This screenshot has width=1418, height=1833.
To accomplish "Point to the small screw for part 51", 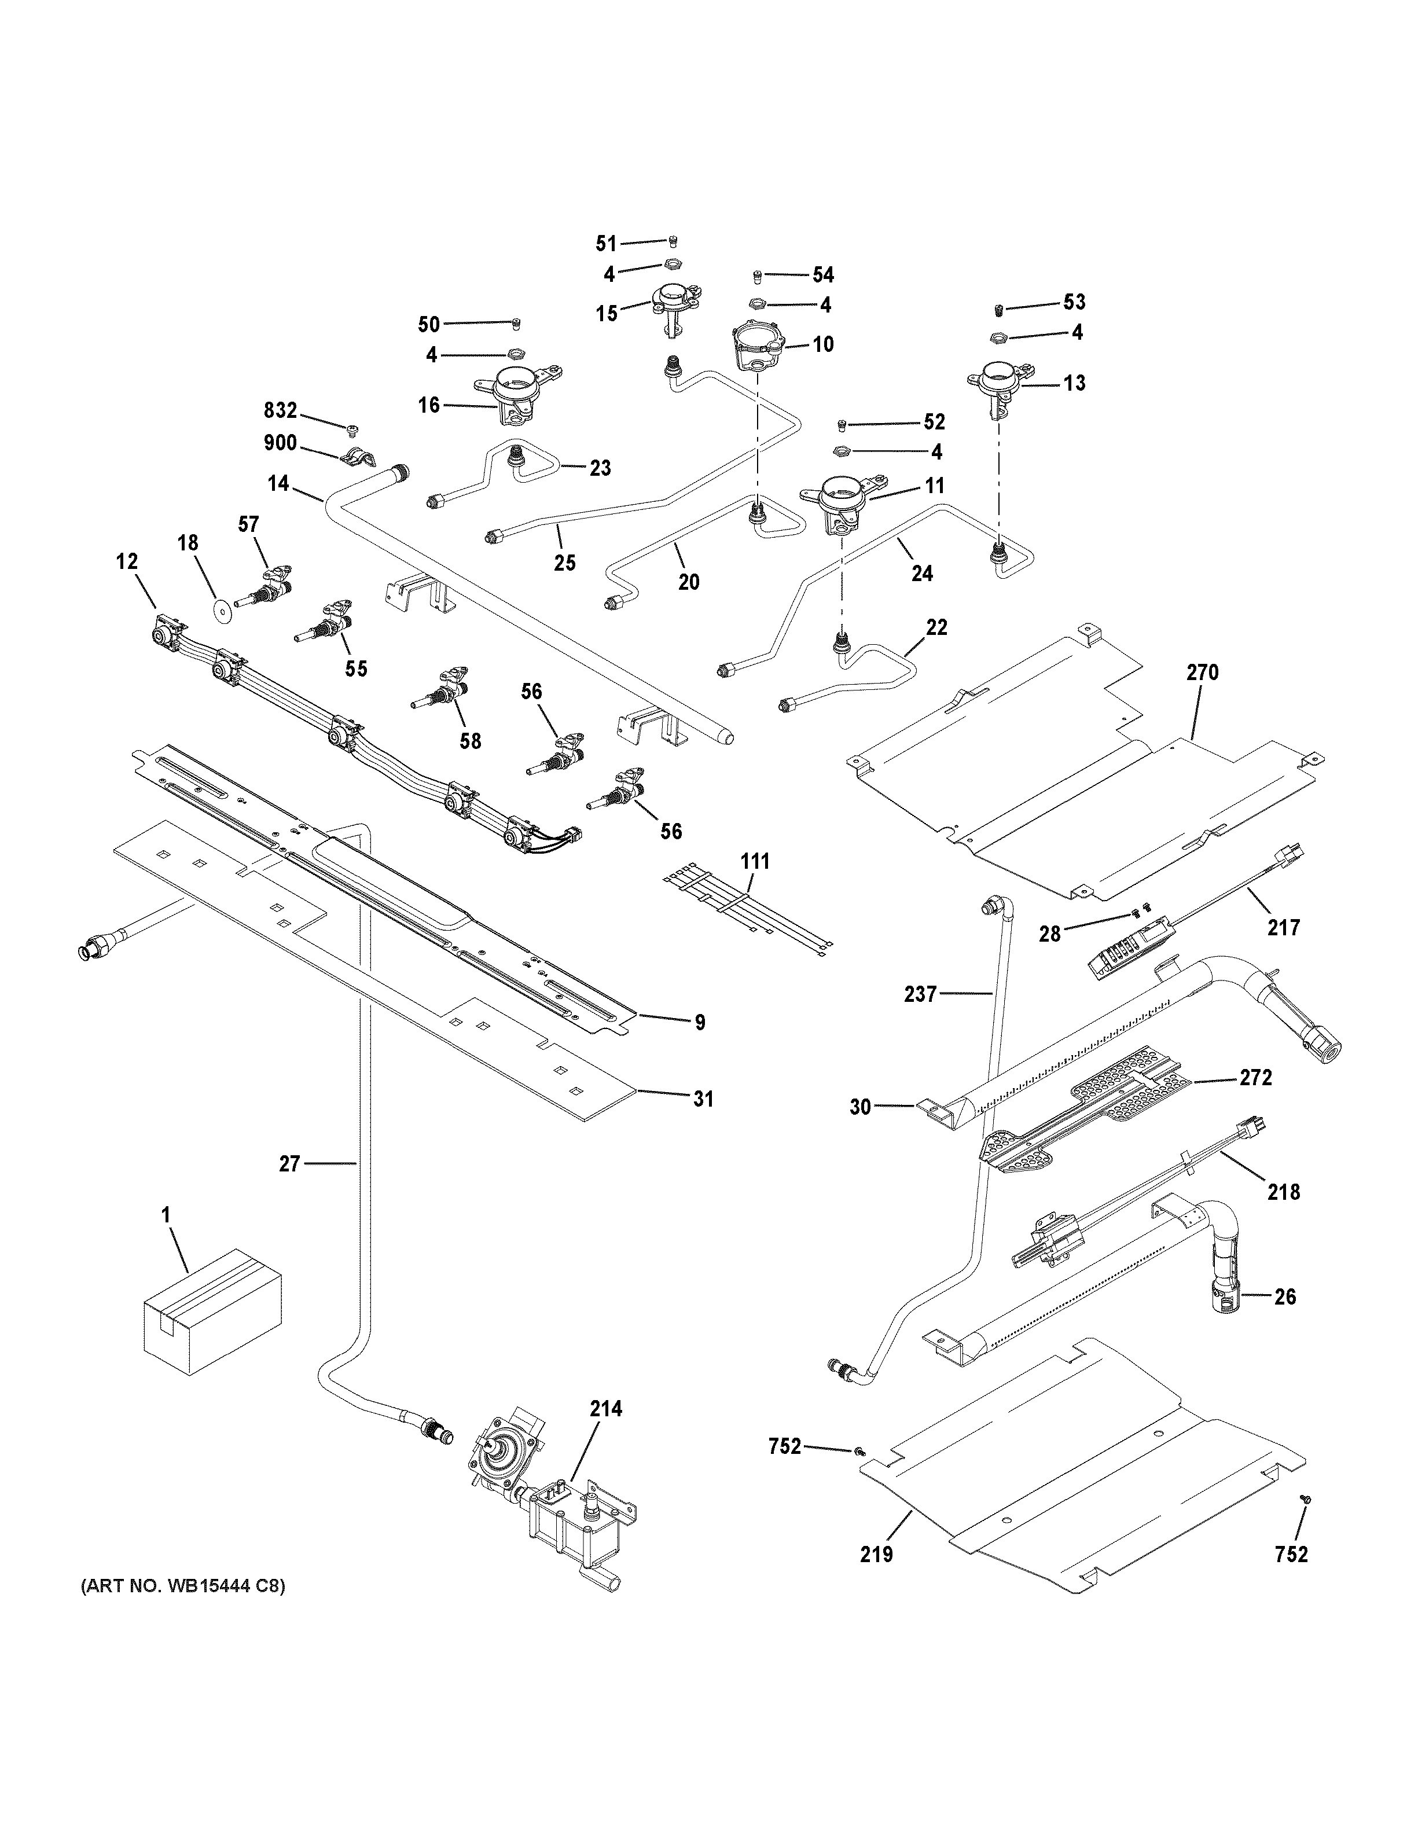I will [674, 242].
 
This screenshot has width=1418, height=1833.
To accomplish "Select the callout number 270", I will [1202, 673].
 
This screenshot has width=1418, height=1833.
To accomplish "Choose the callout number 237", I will [920, 994].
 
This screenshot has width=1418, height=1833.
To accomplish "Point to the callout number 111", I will [754, 861].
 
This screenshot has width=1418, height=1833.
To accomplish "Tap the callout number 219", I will [877, 1555].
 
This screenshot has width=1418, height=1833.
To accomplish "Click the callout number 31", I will [703, 1098].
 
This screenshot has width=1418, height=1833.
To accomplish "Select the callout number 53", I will [1074, 302].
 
